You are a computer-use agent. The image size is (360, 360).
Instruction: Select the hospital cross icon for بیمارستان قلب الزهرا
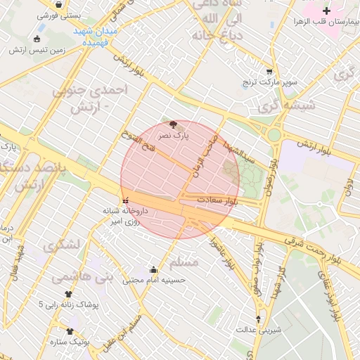(326, 11)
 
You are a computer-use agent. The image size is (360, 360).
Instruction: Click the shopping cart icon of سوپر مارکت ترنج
(269, 72)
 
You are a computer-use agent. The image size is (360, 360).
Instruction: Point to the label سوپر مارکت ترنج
(271, 83)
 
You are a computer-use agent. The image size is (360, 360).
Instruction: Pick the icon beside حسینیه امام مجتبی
(154, 269)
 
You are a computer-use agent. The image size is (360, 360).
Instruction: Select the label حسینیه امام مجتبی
(154, 280)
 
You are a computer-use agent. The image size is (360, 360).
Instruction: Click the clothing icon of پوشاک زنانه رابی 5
(68, 295)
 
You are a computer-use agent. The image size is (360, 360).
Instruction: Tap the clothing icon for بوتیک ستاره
(70, 331)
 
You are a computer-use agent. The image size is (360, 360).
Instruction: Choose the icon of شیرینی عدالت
(259, 319)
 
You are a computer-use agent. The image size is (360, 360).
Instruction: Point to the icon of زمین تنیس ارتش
(37, 39)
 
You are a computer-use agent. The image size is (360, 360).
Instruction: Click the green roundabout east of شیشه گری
(274, 134)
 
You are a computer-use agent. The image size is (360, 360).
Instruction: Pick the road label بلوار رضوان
(270, 176)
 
